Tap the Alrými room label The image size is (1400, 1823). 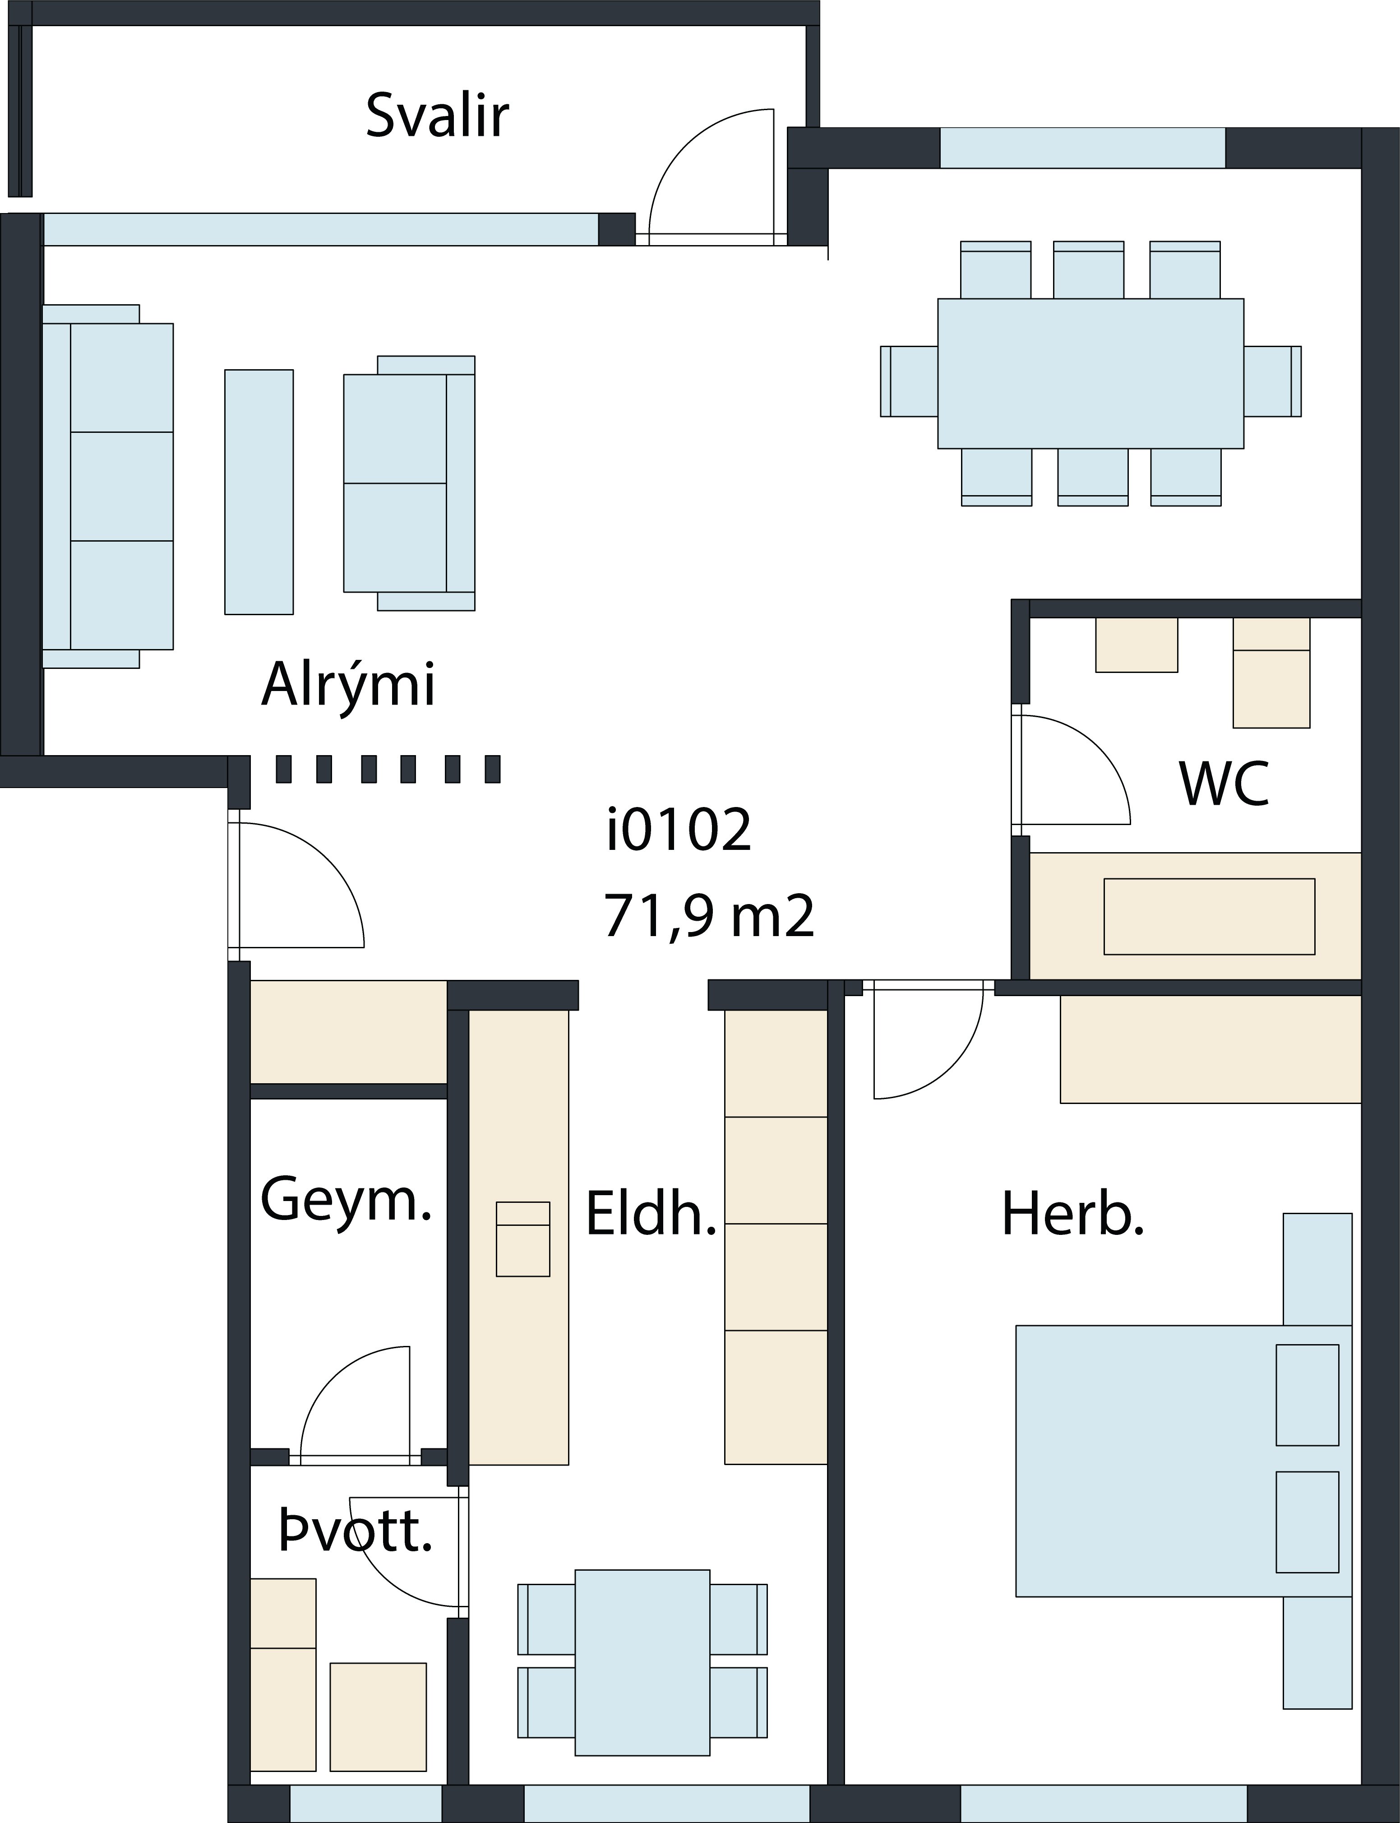point(348,684)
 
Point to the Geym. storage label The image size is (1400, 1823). point(346,1200)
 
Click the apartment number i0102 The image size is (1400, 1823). point(679,830)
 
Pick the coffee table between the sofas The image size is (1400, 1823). point(259,492)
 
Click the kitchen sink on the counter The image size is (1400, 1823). point(522,1239)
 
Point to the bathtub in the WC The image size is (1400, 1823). point(1196,916)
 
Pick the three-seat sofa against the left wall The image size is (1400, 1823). point(107,486)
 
